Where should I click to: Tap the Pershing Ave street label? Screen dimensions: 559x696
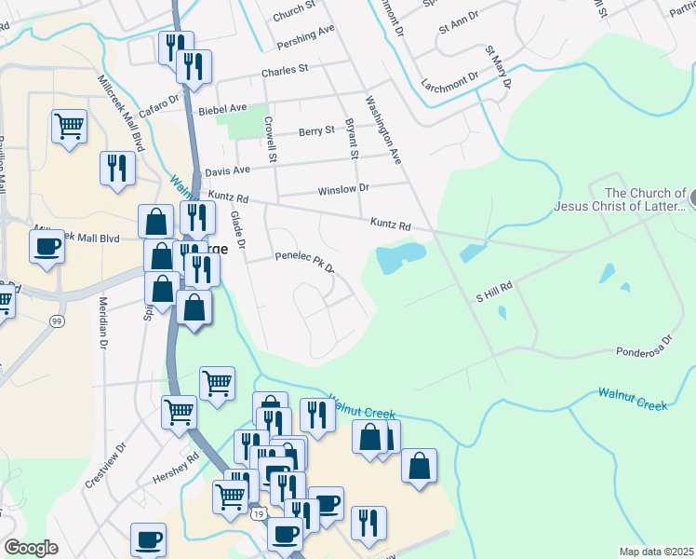pyautogui.click(x=305, y=36)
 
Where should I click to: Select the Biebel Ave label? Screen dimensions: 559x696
pyautogui.click(x=222, y=109)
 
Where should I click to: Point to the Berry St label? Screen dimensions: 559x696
pyautogui.click(x=316, y=131)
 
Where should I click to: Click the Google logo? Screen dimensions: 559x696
pyautogui.click(x=31, y=548)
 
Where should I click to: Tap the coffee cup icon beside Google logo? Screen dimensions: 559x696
pyautogui.click(x=148, y=540)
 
